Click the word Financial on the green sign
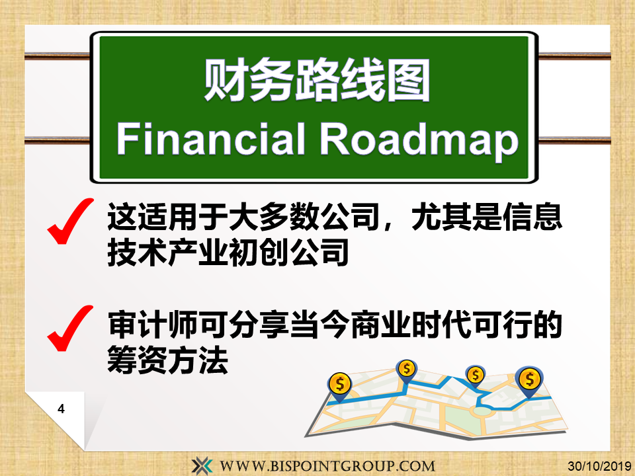[210, 139]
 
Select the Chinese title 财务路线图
[317, 80]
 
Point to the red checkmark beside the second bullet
[70, 329]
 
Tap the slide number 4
[61, 409]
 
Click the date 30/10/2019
[599, 466]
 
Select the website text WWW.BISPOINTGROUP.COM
[327, 466]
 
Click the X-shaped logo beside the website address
[202, 465]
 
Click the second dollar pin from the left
[407, 371]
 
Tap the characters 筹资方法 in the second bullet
[167, 360]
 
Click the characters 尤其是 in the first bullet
[457, 218]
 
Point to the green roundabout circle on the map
[482, 411]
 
